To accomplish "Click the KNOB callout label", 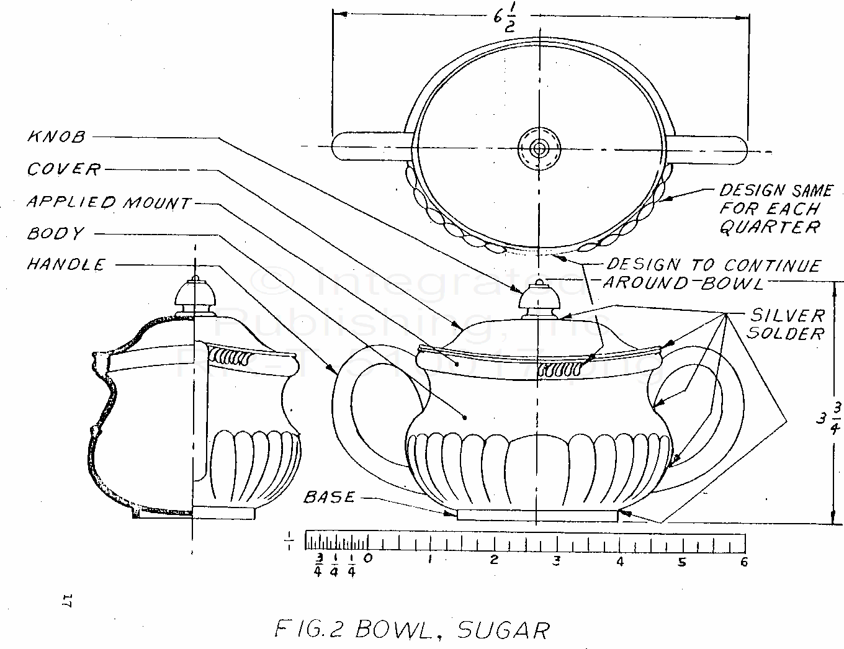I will pyautogui.click(x=56, y=137).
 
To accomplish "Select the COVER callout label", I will pyautogui.click(x=63, y=169).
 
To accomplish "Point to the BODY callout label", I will pyautogui.click(x=55, y=234).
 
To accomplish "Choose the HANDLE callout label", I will pyautogui.click(x=66, y=265).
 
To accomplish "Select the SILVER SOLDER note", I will pyautogui.click(x=786, y=324).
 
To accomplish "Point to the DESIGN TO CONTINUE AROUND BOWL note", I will pyautogui.click(x=712, y=274).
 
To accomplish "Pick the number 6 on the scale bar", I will pyautogui.click(x=743, y=562).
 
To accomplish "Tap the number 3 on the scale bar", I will pyautogui.click(x=557, y=561).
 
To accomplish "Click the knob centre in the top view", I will pyautogui.click(x=539, y=148).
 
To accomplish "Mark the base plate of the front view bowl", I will pyautogui.click(x=537, y=515).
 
